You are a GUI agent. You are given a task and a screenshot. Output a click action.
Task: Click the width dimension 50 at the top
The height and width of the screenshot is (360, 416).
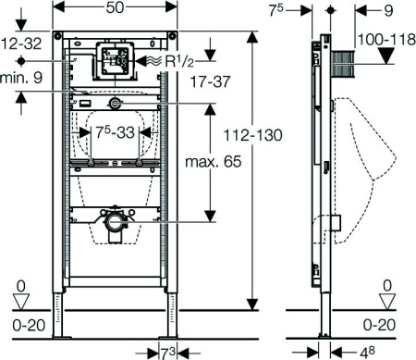coord(115,8)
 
